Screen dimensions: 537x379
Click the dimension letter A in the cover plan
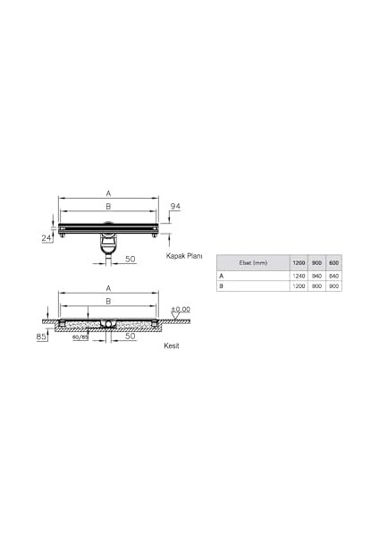tap(108, 192)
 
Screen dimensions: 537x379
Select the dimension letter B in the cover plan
tap(108, 206)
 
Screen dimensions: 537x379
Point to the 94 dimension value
tap(176, 207)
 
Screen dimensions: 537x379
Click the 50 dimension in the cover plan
tap(130, 260)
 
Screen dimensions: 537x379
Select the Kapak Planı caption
tap(184, 255)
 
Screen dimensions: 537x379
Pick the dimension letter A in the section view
tap(108, 288)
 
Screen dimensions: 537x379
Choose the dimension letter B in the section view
tap(108, 302)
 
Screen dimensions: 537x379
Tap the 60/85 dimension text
tap(80, 339)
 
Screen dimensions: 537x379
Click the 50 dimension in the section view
tap(130, 337)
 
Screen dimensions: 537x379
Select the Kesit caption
tap(173, 345)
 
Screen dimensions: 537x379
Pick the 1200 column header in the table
tap(299, 262)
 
